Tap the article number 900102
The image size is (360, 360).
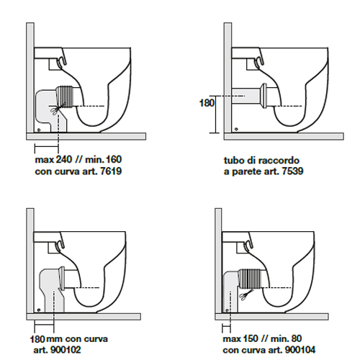66,350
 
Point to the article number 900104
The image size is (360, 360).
300,350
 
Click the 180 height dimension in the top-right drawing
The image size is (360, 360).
207,103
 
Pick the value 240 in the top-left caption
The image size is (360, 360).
64,159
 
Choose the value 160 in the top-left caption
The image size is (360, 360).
114,159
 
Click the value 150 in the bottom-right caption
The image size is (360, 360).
251,338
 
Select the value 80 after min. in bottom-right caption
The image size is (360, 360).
297,338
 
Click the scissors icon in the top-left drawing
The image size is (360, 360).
55,110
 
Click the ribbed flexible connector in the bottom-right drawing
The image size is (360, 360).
251,278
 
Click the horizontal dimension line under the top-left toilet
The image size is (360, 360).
47,145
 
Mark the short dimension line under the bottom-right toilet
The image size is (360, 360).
226,325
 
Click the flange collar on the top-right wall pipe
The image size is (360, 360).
265,95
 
